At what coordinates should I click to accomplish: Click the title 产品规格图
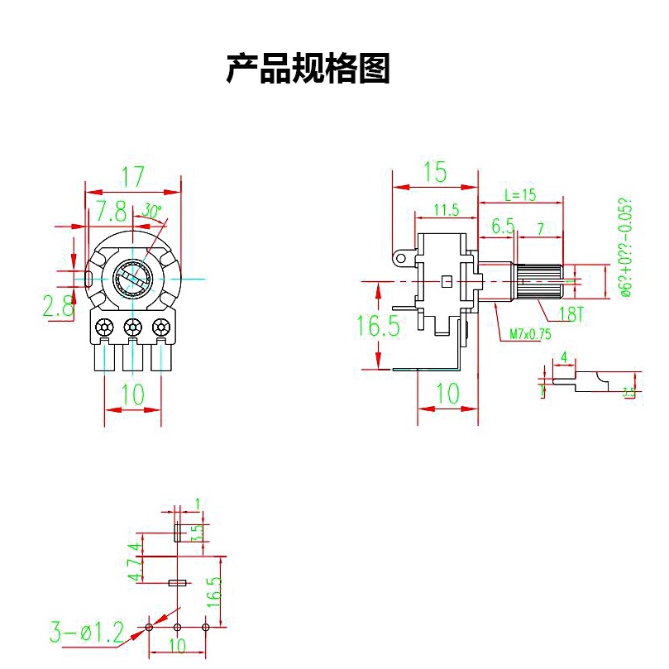(308, 69)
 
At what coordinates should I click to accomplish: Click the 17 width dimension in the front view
(133, 176)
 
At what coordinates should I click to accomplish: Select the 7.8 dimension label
(110, 211)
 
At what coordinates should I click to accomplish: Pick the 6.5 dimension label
(503, 226)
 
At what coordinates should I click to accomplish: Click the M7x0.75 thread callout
(530, 334)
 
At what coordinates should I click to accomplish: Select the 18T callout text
(571, 313)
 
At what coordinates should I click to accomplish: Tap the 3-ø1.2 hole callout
(86, 634)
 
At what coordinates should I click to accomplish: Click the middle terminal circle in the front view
(131, 327)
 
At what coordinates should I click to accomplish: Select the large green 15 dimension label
(435, 173)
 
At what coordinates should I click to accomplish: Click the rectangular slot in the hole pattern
(176, 583)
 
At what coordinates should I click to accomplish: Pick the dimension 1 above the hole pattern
(198, 503)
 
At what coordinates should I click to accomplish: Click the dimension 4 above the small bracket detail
(564, 357)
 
